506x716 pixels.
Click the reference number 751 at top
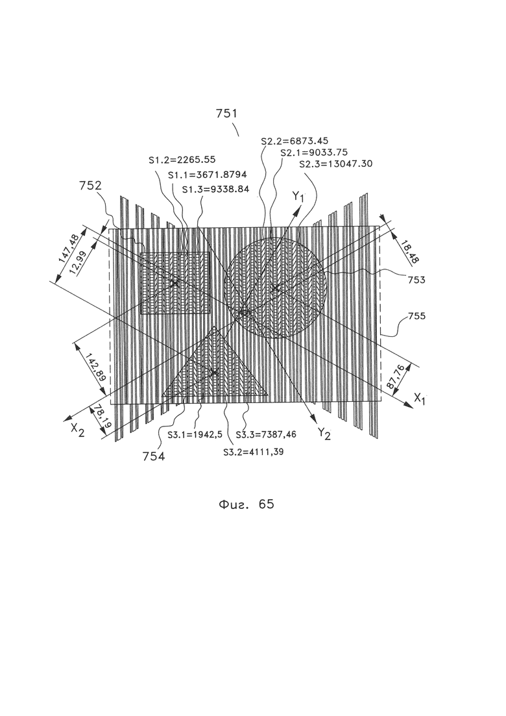point(227,113)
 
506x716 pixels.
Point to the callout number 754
point(154,456)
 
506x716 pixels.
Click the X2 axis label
point(77,431)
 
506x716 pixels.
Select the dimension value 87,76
point(394,377)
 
